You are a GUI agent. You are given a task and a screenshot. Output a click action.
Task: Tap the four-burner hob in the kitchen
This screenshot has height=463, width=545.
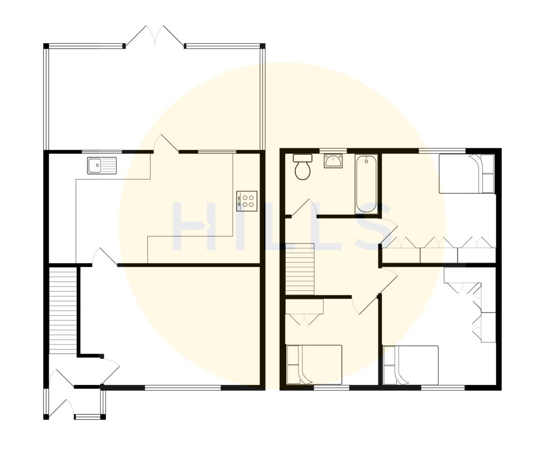click(x=246, y=200)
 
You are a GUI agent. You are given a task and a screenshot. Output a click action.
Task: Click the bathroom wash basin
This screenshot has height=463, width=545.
click(x=333, y=161)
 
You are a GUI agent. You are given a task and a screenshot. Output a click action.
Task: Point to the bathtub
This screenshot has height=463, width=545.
click(x=366, y=184)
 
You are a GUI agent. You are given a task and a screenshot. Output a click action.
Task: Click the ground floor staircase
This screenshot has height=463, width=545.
click(x=63, y=311)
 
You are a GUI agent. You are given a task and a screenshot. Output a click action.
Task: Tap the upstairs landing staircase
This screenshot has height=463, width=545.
click(x=300, y=268)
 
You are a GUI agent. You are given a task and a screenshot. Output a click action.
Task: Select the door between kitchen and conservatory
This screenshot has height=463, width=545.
click(x=166, y=144)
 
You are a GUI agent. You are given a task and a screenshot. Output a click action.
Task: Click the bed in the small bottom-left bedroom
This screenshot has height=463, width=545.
click(x=314, y=364)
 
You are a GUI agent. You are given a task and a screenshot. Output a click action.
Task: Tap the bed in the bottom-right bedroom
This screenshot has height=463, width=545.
click(x=410, y=365)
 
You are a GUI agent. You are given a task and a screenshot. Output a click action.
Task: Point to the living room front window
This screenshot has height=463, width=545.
click(x=183, y=388)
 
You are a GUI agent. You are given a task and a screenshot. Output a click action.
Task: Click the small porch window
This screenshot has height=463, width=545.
click(x=87, y=417)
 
